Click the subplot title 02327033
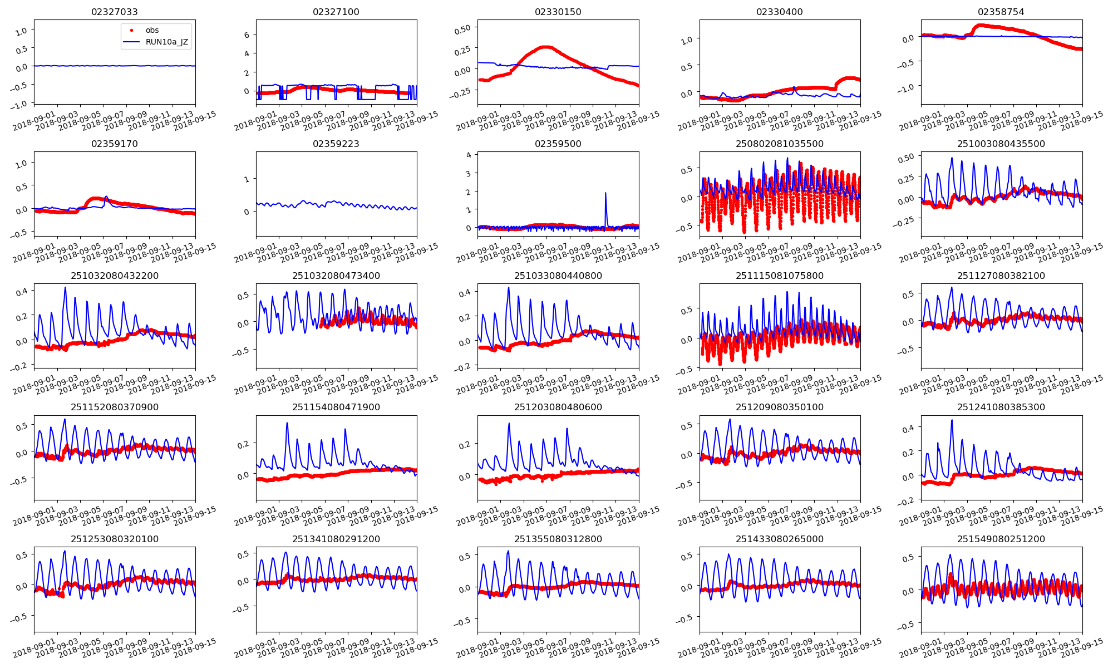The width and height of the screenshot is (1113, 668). click(x=114, y=12)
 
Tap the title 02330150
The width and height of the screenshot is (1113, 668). click(x=558, y=12)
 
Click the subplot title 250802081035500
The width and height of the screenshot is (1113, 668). click(x=779, y=144)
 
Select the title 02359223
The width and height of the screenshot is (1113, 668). click(x=336, y=144)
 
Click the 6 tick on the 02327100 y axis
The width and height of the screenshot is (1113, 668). click(x=247, y=35)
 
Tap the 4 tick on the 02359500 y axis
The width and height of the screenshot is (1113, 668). click(x=469, y=155)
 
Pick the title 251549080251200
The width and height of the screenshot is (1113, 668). click(x=1001, y=539)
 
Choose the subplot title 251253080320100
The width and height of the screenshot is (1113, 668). click(x=114, y=539)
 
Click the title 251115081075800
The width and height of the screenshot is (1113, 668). click(x=779, y=276)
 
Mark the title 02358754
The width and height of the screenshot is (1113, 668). click(x=1001, y=12)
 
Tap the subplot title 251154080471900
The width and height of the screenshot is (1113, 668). click(x=336, y=407)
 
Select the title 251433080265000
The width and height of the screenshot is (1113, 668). click(x=779, y=539)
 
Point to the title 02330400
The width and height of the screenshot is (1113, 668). click(x=779, y=12)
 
